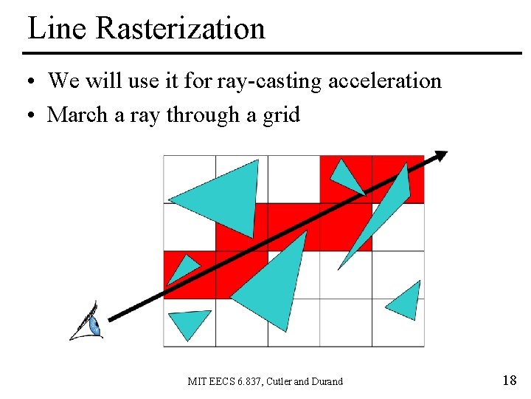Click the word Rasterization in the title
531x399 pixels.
pyautogui.click(x=181, y=29)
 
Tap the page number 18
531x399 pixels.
pyautogui.click(x=509, y=381)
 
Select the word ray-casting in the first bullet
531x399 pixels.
pyautogui.click(x=269, y=81)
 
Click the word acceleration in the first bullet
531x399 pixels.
pyautogui.click(x=384, y=81)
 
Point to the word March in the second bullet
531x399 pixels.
pyautogui.click(x=76, y=115)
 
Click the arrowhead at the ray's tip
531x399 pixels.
pyautogui.click(x=440, y=156)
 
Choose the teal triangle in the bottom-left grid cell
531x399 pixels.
pyautogui.click(x=188, y=323)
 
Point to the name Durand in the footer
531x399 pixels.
pyautogui.click(x=326, y=381)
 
